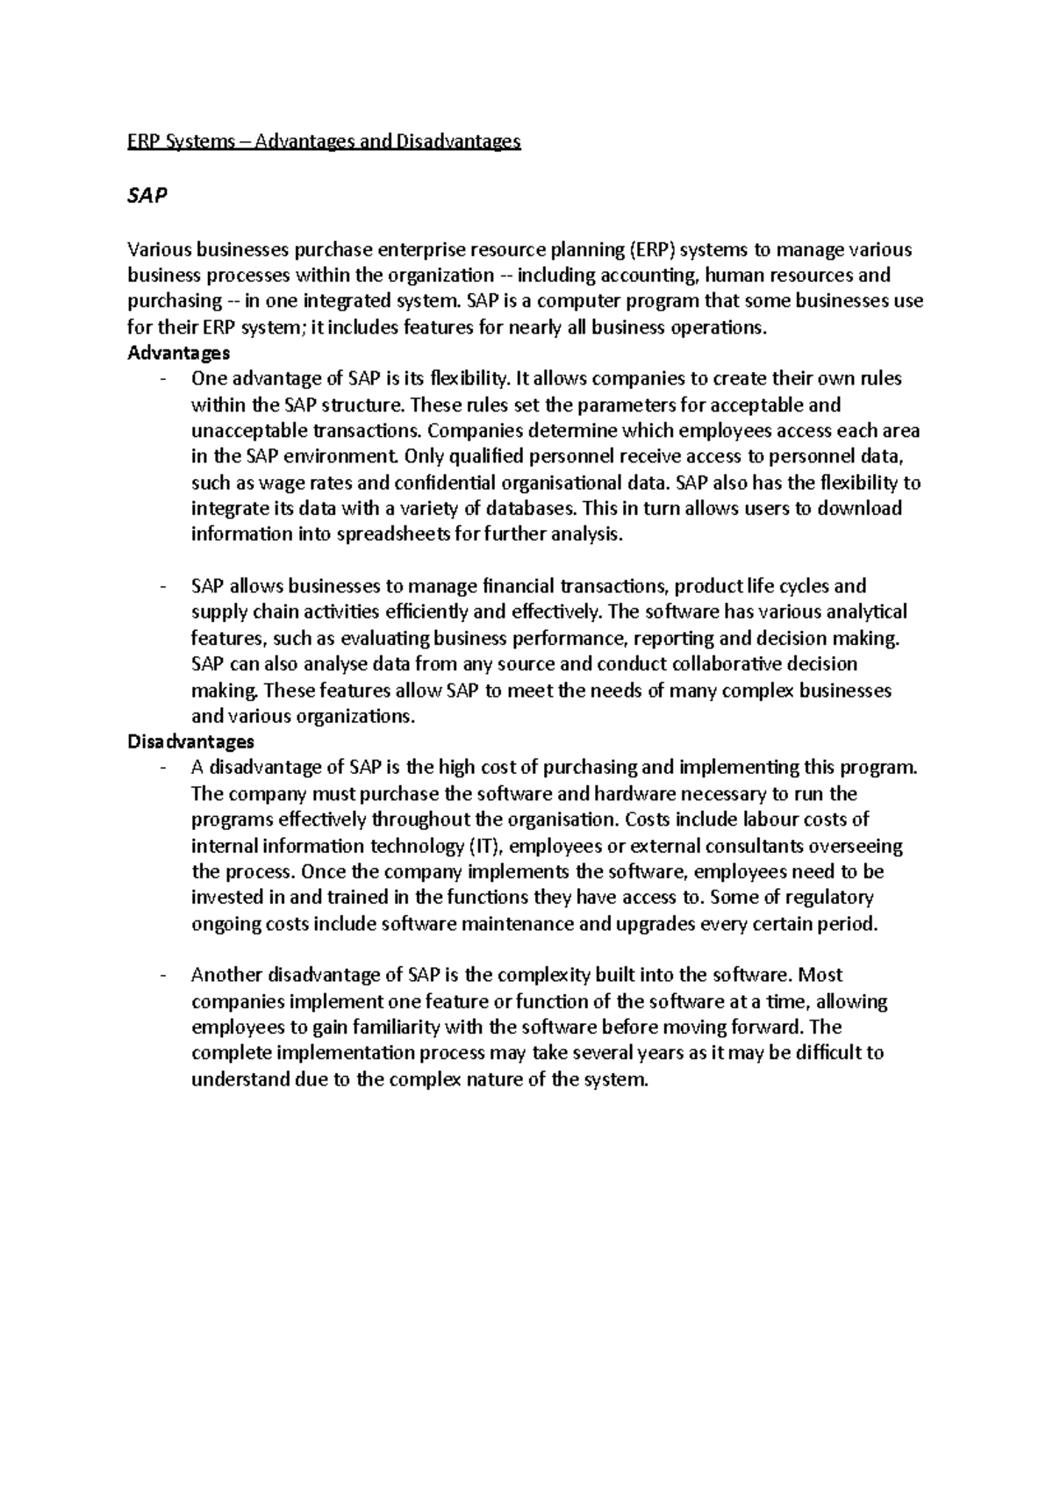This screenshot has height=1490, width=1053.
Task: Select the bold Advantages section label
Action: pyautogui.click(x=178, y=353)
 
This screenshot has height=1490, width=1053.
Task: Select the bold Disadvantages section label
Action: pyautogui.click(x=190, y=741)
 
